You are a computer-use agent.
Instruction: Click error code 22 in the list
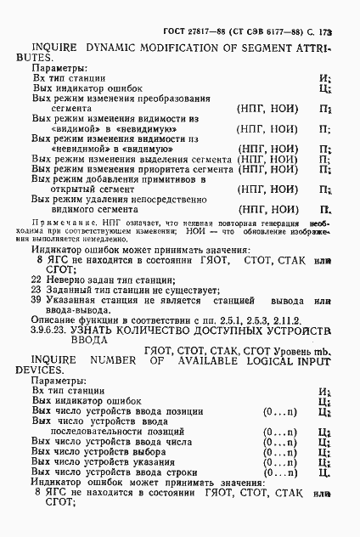pyautogui.click(x=35, y=278)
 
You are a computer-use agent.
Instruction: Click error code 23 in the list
pyautogui.click(x=35, y=289)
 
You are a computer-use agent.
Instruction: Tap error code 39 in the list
pyautogui.click(x=35, y=300)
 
